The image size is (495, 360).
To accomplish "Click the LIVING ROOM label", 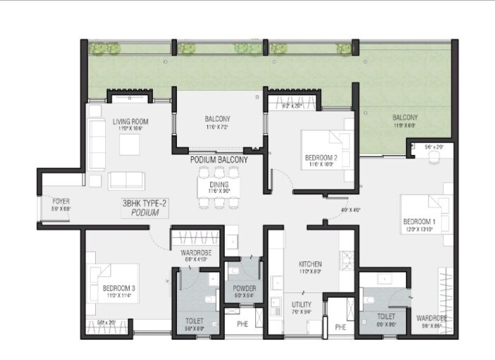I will tap(131, 121).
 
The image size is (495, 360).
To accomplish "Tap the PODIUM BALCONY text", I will tap(219, 160).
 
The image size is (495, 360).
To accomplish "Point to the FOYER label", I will tap(61, 201).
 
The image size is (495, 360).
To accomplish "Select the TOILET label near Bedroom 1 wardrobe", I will tap(385, 318).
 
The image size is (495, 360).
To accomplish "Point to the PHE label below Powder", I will tap(243, 323).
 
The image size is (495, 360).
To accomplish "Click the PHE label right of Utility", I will tap(341, 327).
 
